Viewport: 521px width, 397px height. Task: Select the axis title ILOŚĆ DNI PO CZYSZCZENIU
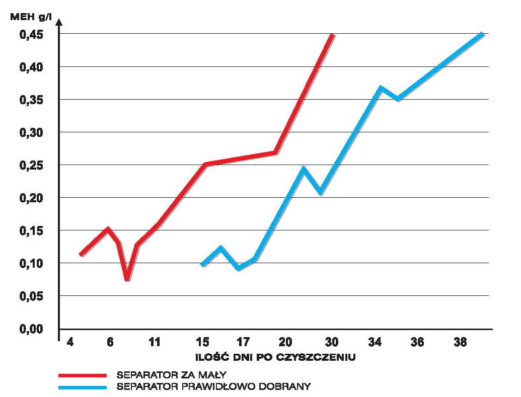click(x=276, y=358)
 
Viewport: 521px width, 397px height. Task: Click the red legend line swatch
click(x=83, y=375)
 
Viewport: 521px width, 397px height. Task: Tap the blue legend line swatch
click(x=83, y=387)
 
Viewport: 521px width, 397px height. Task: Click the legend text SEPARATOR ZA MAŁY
click(x=172, y=375)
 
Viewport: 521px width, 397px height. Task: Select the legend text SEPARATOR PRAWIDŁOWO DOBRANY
click(x=213, y=387)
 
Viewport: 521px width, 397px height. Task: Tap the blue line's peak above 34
click(x=381, y=88)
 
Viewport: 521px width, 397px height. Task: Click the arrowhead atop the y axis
click(x=59, y=22)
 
